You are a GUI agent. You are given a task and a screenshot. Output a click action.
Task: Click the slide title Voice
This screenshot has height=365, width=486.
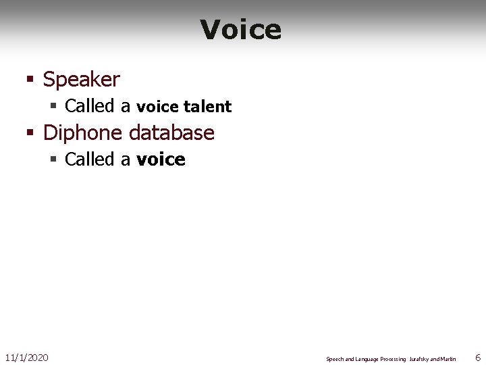click(241, 30)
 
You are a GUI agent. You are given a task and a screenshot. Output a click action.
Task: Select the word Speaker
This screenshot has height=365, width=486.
click(81, 80)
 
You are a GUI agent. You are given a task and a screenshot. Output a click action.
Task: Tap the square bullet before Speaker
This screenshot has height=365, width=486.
click(30, 80)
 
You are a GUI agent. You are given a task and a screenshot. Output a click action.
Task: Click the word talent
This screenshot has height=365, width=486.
click(207, 107)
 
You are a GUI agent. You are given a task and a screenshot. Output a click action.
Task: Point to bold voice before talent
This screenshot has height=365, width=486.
click(157, 107)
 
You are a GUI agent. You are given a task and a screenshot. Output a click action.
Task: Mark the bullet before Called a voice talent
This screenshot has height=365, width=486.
click(54, 106)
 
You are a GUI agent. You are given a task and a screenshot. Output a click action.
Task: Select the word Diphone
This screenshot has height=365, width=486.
click(83, 132)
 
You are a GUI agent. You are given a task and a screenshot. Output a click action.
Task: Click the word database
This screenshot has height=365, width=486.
click(171, 132)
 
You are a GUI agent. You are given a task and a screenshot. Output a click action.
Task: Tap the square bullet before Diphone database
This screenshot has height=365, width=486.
click(30, 132)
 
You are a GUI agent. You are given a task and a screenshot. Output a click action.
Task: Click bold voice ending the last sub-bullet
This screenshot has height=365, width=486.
click(161, 160)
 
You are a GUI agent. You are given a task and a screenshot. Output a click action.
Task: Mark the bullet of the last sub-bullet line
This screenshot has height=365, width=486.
click(54, 160)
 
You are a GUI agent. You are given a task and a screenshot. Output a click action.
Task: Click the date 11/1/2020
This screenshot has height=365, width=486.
click(26, 357)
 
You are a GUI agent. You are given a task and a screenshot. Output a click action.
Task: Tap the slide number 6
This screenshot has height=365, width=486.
click(478, 357)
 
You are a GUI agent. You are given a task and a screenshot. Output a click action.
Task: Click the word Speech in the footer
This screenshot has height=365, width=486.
click(335, 359)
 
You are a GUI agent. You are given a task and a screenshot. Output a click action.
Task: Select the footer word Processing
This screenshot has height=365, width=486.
click(392, 359)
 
